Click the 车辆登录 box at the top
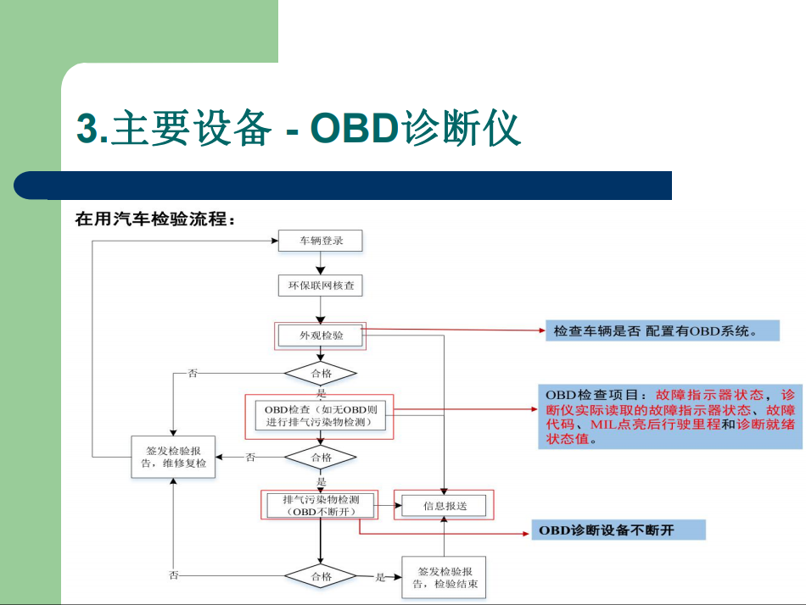pyautogui.click(x=320, y=241)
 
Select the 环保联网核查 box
pyautogui.click(x=320, y=286)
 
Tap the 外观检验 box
pyautogui.click(x=320, y=336)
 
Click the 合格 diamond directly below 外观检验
pyautogui.click(x=320, y=374)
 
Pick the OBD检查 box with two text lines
pyautogui.click(x=320, y=416)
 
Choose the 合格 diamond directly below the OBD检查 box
pyautogui.click(x=320, y=458)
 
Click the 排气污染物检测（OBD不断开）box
pyautogui.click(x=320, y=505)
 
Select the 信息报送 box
pyautogui.click(x=444, y=506)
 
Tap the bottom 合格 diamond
pyautogui.click(x=320, y=576)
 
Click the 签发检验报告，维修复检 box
pyautogui.click(x=173, y=457)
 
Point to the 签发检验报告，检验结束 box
pyautogui.click(x=444, y=577)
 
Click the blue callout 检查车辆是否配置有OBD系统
pyautogui.click(x=662, y=330)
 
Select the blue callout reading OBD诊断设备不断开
pyautogui.click(x=618, y=530)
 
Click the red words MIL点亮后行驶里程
pyautogui.click(x=655, y=425)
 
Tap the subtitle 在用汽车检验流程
pyautogui.click(x=154, y=219)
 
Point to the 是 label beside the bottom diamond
pyautogui.click(x=380, y=577)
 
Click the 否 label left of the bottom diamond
pyautogui.click(x=174, y=575)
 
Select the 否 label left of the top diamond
pyautogui.click(x=193, y=374)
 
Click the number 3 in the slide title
pyautogui.click(x=87, y=128)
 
